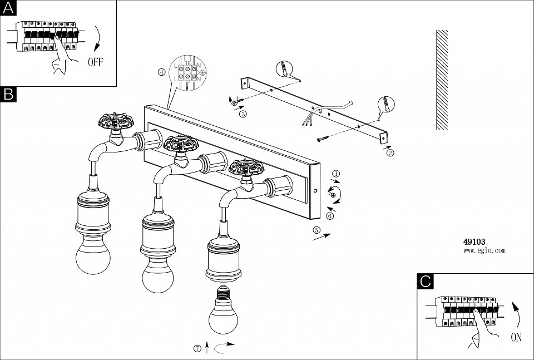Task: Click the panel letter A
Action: point(8,8)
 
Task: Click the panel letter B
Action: point(8,94)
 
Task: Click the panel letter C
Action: point(426,282)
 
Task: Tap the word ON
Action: point(517,337)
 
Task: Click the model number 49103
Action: point(474,242)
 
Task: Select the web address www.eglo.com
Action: point(484,250)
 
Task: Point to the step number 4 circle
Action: point(161,72)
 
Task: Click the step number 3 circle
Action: point(243,114)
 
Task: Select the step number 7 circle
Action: point(197,349)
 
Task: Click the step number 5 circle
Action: point(317,230)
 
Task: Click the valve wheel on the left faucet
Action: point(116,122)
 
